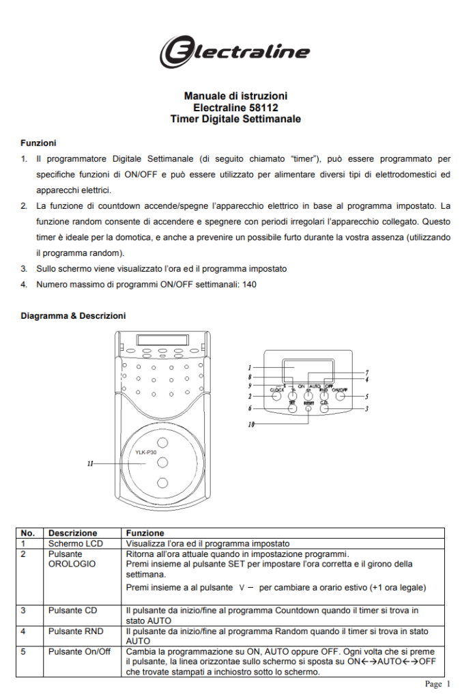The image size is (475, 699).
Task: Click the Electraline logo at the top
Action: [235, 51]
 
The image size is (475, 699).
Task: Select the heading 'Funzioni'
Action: [38, 143]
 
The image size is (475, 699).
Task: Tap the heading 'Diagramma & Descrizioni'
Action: [73, 316]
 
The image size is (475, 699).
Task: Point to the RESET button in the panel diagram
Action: [308, 408]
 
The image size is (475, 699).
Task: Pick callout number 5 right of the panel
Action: [367, 396]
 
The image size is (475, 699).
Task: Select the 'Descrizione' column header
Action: [72, 533]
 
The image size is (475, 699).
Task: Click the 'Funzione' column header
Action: [145, 533]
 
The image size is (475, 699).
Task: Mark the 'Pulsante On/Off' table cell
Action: [78, 652]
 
